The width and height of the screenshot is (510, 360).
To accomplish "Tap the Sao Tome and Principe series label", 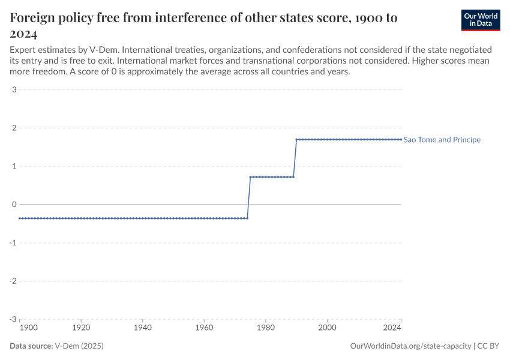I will coord(442,140).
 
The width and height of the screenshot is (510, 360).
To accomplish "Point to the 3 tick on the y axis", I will coord(13,90).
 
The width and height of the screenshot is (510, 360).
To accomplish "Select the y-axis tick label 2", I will coord(13,128).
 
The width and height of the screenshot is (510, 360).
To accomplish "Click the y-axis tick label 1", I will coord(13,166).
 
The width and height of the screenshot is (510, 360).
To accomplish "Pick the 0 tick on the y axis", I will coord(13,205).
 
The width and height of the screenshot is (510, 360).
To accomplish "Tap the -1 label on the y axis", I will coord(12,243).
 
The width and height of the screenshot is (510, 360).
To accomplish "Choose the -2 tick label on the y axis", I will coord(12,281).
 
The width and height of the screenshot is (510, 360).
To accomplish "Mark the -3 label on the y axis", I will coord(12,319).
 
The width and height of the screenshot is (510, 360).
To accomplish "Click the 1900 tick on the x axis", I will coord(28,328).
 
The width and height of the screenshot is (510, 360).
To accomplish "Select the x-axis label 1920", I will coord(81,328).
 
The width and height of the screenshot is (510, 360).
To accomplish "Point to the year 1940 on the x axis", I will coord(142,328).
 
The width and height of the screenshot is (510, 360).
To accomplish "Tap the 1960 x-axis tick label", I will coord(204,328).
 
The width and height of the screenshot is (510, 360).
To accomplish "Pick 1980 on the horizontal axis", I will coord(265,328).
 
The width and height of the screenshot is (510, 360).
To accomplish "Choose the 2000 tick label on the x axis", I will coord(327,328).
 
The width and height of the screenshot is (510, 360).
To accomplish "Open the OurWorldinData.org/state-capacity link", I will coord(410,346).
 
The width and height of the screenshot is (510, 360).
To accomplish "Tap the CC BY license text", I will coord(489,346).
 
